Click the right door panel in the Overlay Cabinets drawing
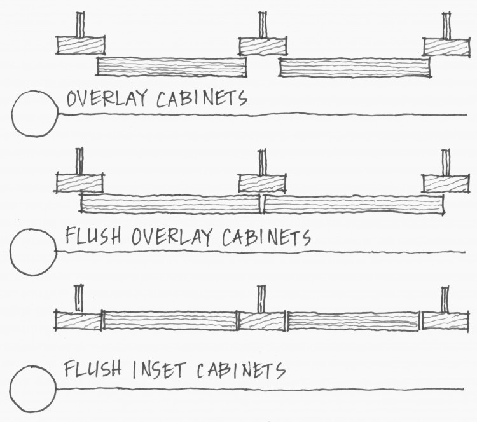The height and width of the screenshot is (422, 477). (354, 67)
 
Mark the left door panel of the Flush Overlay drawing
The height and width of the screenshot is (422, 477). (170, 203)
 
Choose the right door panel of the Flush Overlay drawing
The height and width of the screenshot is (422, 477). (353, 204)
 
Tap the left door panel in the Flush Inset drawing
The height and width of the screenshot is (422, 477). (170, 320)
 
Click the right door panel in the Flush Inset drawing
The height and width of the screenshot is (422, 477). (353, 320)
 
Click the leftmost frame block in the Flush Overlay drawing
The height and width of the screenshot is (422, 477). (79, 182)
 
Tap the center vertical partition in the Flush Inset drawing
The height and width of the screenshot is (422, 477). (261, 298)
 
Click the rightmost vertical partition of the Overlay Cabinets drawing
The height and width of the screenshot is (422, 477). (446, 24)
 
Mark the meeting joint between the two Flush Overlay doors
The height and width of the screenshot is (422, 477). (261, 204)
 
